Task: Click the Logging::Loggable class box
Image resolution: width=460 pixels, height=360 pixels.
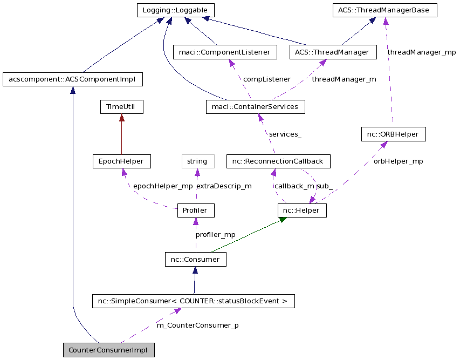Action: [175, 10]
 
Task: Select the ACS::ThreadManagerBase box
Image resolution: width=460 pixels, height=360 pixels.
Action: [384, 10]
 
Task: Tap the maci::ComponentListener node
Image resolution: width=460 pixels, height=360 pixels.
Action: [225, 52]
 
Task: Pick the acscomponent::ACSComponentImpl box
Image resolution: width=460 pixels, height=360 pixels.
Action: [72, 79]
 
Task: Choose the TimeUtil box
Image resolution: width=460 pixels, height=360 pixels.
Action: [121, 107]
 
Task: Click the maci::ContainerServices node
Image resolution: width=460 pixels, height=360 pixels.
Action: [255, 107]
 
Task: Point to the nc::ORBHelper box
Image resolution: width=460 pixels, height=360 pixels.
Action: [393, 134]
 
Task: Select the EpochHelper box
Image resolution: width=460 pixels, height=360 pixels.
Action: [121, 161]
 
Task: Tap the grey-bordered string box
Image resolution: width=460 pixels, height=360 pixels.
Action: [197, 161]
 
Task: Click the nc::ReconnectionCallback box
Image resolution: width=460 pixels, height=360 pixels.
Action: [278, 161]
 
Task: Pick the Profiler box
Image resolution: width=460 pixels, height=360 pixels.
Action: [195, 210]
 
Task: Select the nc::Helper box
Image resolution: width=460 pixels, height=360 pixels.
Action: [302, 210]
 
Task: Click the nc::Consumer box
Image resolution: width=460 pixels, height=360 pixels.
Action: [195, 260]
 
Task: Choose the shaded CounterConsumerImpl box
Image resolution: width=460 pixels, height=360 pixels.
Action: [108, 349]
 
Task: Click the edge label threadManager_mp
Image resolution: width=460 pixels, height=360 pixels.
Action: [421, 52]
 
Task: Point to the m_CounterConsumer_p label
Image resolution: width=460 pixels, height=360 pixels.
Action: [197, 325]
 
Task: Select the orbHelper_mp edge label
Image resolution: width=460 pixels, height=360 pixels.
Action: [398, 161]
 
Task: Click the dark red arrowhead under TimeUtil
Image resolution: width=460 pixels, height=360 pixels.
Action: [121, 118]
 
